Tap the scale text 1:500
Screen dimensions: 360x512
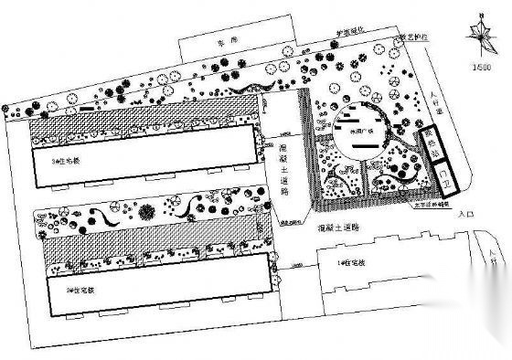coord(477,64)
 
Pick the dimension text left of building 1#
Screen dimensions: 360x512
coord(284,264)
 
